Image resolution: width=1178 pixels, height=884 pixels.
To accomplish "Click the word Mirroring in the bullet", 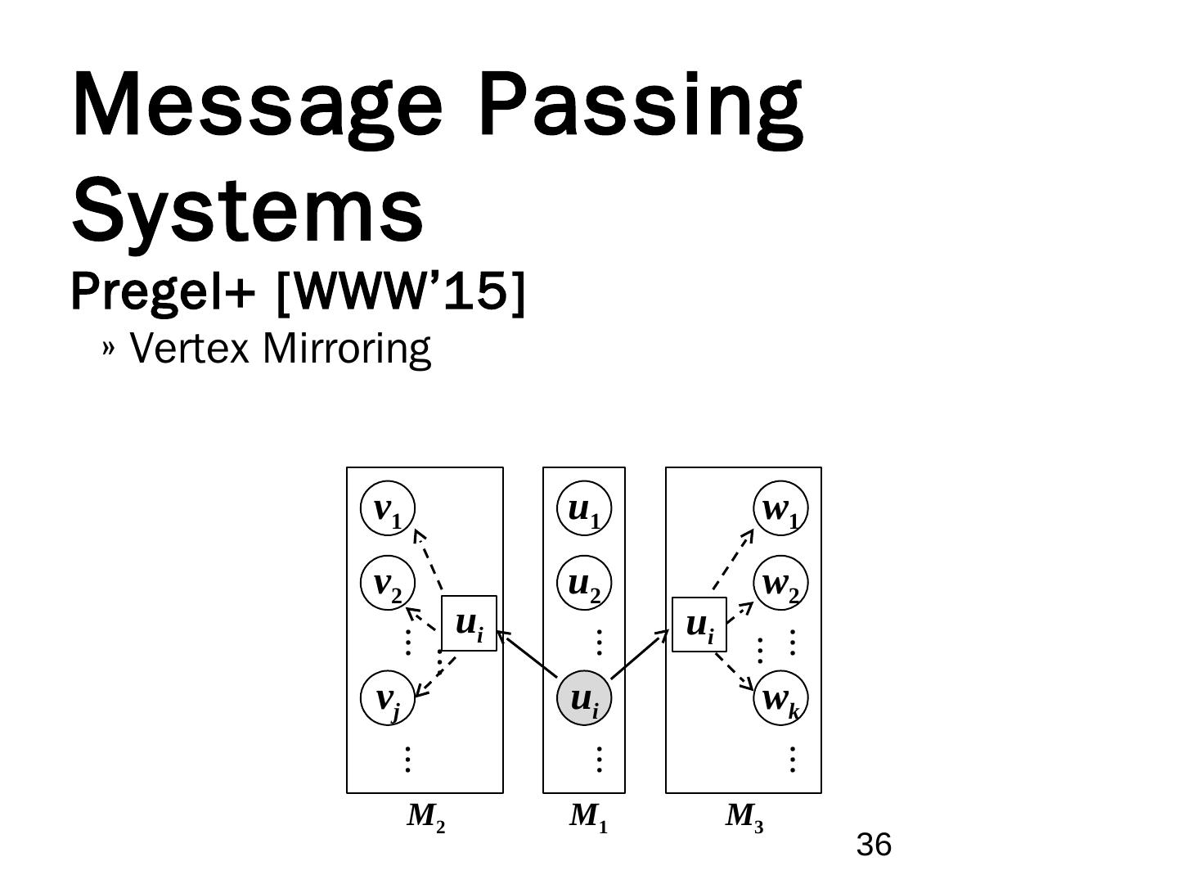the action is point(347,349).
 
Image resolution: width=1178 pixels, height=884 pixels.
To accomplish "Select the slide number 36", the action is point(873,845).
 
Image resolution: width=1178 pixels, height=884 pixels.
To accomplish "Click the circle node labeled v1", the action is point(388,508).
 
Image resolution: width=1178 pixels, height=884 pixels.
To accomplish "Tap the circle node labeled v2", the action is point(388,584).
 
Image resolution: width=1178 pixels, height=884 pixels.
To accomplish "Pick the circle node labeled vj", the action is point(388,698).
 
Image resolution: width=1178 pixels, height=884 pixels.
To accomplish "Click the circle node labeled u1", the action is point(584,508).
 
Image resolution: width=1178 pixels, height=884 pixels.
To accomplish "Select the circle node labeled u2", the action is point(584,584).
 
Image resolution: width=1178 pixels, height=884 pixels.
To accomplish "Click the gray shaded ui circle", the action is point(584,698).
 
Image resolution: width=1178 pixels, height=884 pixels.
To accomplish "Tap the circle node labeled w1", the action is point(780,508).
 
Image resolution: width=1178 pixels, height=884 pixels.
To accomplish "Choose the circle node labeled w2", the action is point(780,584).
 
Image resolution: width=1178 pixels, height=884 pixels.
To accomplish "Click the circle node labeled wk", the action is point(780,698).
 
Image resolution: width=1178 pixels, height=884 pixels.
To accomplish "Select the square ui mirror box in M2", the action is point(469,624).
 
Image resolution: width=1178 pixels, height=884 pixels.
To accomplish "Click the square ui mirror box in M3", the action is point(699,625).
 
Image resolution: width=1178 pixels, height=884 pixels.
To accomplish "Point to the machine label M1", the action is point(588,816).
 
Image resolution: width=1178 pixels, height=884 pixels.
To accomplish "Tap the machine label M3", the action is point(744,816).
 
